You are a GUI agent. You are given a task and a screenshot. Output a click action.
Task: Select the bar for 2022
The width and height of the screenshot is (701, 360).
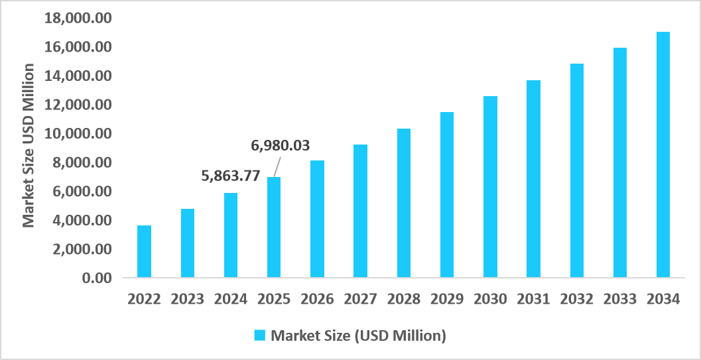144,251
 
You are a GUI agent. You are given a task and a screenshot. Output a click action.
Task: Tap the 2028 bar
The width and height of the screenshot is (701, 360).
404,203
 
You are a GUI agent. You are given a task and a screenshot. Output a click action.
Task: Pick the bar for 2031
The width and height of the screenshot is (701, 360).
533,178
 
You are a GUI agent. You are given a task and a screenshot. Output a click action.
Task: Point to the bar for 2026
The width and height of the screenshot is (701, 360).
317,219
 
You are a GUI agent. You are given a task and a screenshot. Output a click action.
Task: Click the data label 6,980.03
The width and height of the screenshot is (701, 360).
280,145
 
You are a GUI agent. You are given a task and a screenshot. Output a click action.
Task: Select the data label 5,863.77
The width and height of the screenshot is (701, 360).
230,176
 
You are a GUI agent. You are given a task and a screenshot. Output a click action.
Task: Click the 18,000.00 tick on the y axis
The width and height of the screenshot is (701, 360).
78,19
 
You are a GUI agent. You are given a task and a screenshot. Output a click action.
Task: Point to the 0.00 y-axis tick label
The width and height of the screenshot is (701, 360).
96,278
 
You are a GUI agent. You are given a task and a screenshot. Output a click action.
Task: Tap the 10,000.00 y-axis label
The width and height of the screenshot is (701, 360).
78,134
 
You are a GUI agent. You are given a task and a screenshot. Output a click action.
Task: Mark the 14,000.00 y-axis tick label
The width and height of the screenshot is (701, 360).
78,76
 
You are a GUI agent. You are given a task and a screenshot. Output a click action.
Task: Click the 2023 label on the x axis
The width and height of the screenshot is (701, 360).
187,299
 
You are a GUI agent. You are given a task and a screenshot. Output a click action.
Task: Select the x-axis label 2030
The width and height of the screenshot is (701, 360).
490,299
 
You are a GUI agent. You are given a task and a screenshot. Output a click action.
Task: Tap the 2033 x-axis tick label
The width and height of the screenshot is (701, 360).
620,299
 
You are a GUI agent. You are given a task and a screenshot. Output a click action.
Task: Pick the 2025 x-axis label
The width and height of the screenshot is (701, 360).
274,299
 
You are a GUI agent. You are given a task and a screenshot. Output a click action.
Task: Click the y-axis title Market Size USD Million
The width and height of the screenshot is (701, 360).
29,145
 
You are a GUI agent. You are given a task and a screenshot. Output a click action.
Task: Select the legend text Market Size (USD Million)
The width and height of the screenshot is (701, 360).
358,335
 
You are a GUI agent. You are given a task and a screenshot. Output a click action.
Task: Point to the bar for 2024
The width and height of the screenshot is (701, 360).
230,235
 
